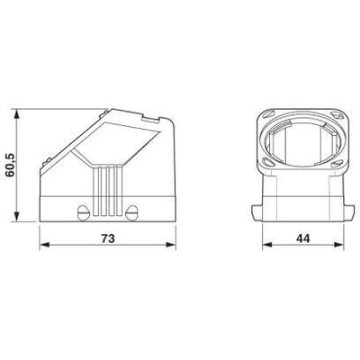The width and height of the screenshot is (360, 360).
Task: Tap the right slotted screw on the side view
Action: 132,212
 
